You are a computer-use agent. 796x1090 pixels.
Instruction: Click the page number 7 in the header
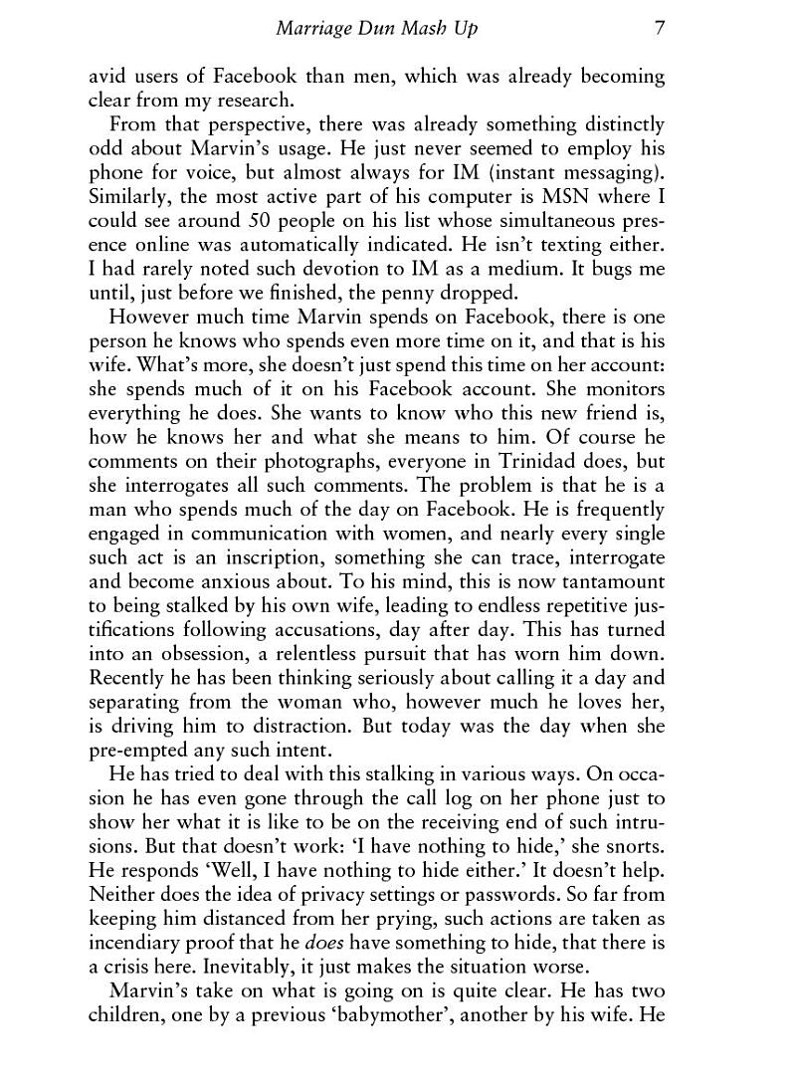660,29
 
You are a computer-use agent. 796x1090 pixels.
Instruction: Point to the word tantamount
609,582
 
